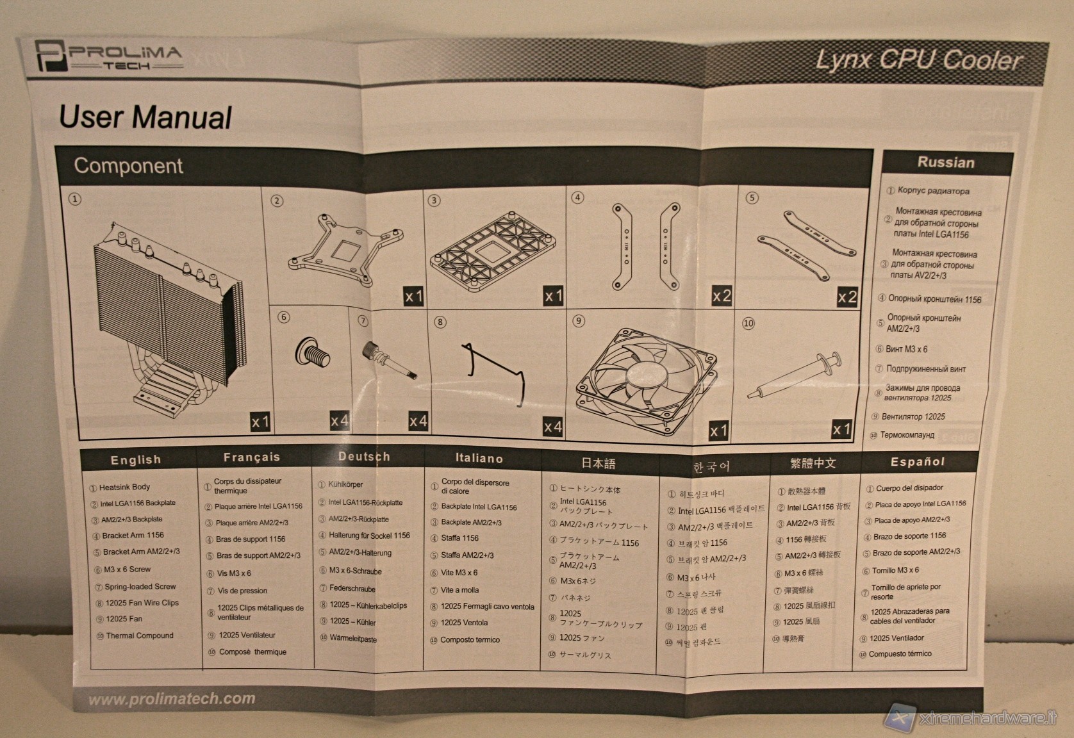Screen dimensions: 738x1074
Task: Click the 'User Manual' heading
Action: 145,118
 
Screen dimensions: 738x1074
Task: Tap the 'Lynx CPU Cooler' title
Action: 918,60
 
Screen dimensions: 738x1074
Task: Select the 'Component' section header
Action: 128,165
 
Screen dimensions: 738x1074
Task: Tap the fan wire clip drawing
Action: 494,373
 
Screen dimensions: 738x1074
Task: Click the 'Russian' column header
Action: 945,163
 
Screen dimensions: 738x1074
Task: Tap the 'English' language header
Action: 135,460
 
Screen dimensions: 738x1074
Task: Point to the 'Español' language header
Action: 917,462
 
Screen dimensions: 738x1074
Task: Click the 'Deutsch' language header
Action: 363,457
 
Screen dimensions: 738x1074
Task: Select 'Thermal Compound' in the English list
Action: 139,635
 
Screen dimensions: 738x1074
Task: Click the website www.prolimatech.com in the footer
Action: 172,699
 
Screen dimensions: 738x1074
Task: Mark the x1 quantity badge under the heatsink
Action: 260,422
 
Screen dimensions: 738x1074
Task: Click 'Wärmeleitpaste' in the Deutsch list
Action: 352,639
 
